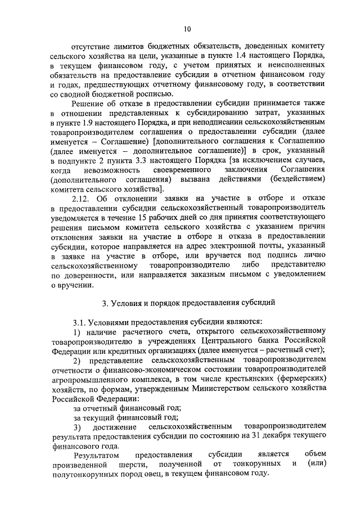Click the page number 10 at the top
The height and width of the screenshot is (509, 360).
pos(187,29)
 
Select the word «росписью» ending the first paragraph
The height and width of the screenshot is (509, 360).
pos(147,93)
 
